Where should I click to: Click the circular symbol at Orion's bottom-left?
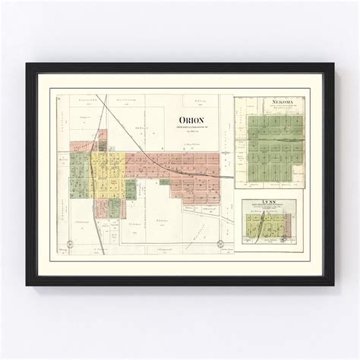click(69, 244)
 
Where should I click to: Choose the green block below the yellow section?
click(114, 207)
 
